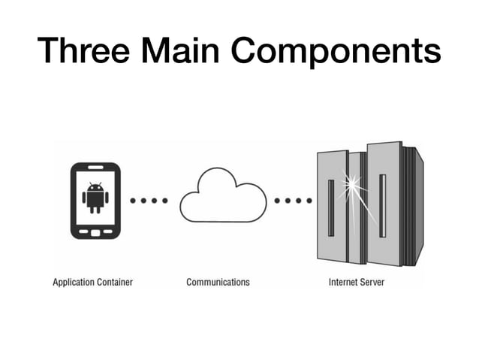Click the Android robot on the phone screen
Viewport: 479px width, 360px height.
pyautogui.click(x=95, y=197)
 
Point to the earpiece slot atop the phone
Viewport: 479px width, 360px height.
pyautogui.click(x=95, y=168)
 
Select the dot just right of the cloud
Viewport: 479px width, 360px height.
pyautogui.click(x=279, y=201)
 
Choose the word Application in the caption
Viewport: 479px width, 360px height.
pyautogui.click(x=74, y=283)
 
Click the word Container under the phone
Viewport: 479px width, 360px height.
pyautogui.click(x=116, y=283)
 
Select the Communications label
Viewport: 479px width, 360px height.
pyautogui.click(x=218, y=283)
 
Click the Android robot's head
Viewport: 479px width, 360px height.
pyautogui.click(x=95, y=187)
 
